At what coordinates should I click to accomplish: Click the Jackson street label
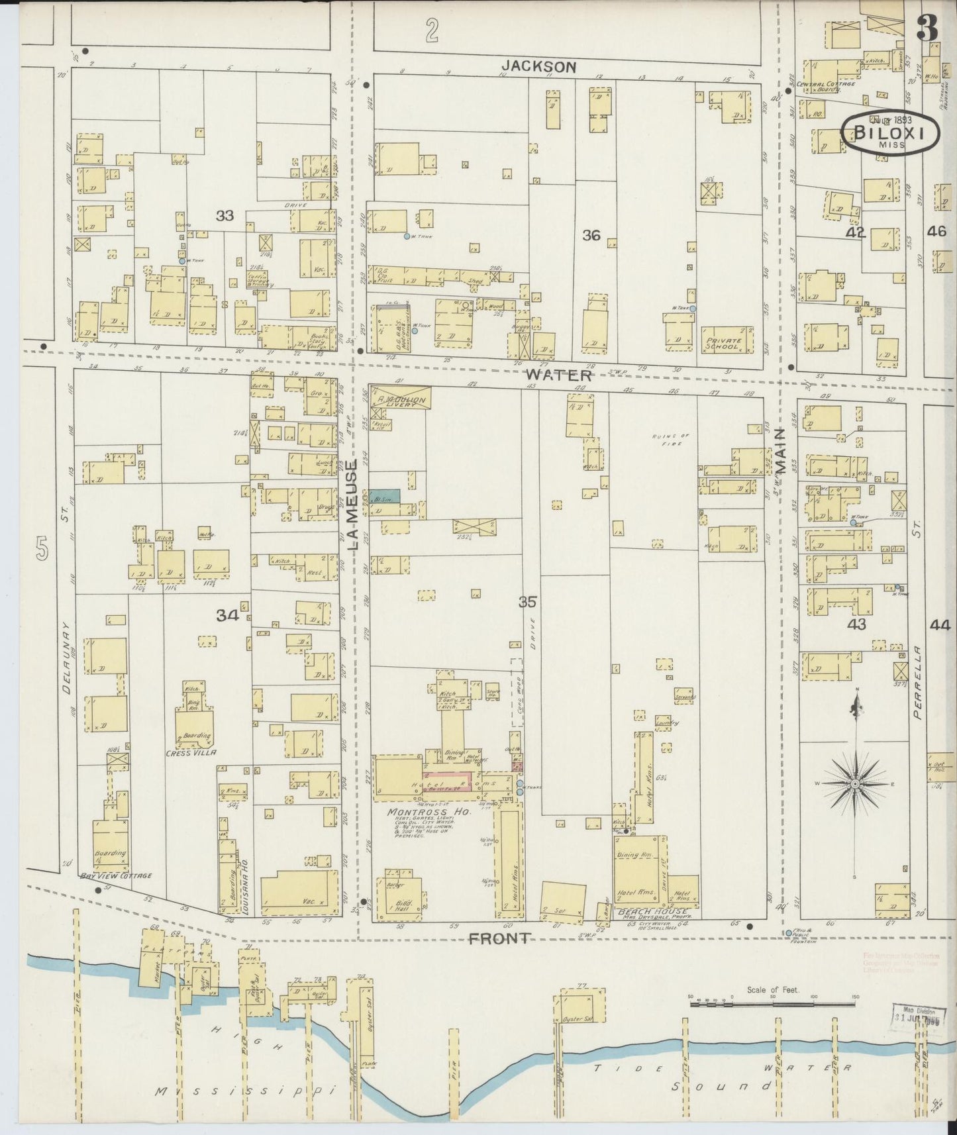[x=538, y=66]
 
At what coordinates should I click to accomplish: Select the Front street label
[x=499, y=938]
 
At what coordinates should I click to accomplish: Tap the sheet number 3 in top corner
[x=928, y=28]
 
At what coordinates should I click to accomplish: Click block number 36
[x=591, y=235]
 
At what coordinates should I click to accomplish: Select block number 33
[x=225, y=215]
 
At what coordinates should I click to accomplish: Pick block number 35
[x=527, y=602]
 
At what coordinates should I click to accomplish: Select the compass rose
[x=855, y=783]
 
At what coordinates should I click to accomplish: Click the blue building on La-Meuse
[x=385, y=496]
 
